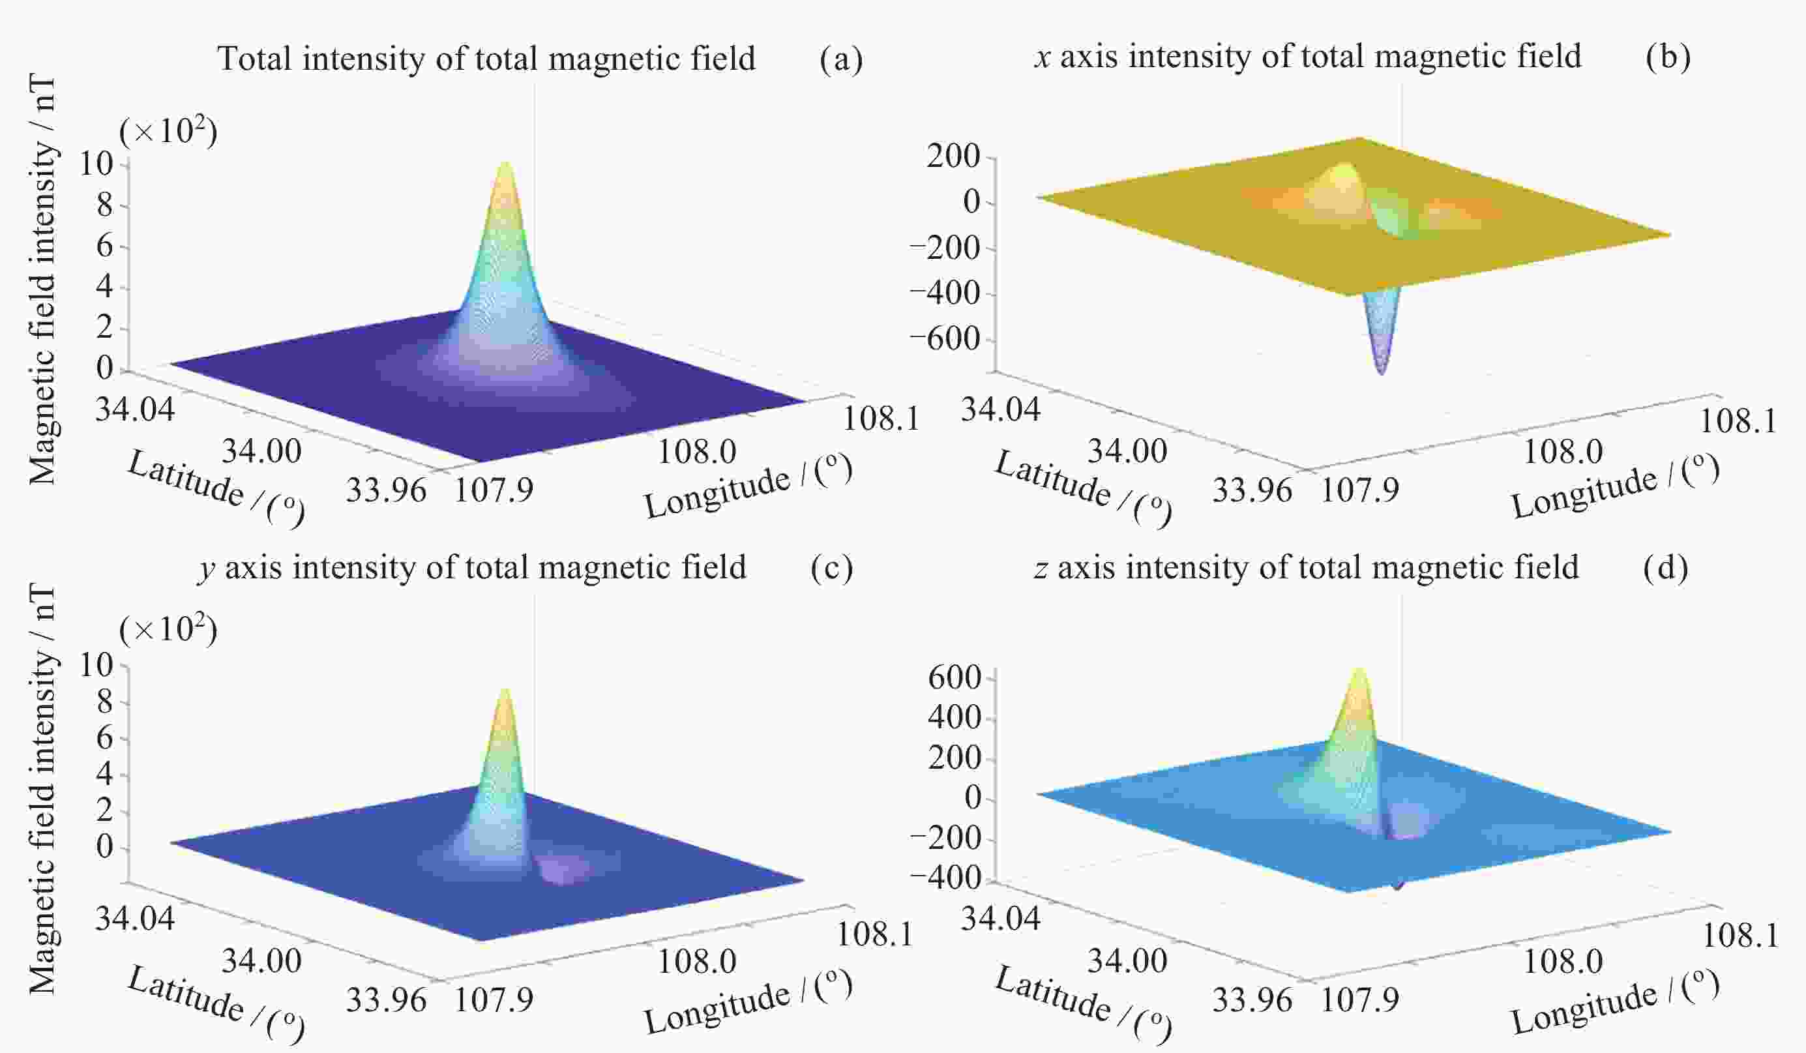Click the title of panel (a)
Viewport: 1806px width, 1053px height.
[486, 59]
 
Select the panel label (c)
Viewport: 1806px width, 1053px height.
[831, 568]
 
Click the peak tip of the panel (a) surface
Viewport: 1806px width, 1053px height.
[506, 164]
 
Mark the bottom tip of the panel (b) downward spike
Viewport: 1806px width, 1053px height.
[1381, 373]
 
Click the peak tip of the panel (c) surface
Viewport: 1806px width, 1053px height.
[505, 689]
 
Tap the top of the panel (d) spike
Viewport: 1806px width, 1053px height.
[1358, 670]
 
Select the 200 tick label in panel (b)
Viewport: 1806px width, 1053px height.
[953, 156]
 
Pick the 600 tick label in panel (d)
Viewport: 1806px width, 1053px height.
[954, 677]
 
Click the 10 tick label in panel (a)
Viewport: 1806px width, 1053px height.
[96, 164]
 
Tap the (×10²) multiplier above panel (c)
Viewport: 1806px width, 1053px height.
[168, 630]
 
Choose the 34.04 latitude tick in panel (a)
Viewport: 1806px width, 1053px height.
[135, 409]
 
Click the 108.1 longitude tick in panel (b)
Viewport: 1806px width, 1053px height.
[1738, 421]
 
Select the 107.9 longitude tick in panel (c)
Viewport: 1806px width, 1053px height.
[494, 1000]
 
